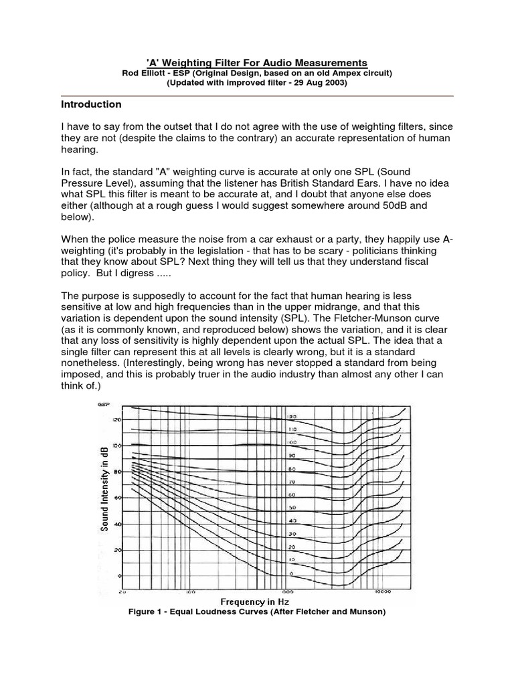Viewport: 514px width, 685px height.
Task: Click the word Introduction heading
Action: [x=91, y=104]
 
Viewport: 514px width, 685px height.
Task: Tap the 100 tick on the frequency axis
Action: [x=190, y=591]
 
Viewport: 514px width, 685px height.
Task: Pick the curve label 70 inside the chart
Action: [x=292, y=481]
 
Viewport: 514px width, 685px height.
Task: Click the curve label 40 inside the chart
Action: [x=292, y=520]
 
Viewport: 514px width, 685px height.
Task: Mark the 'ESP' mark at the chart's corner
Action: [x=102, y=404]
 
